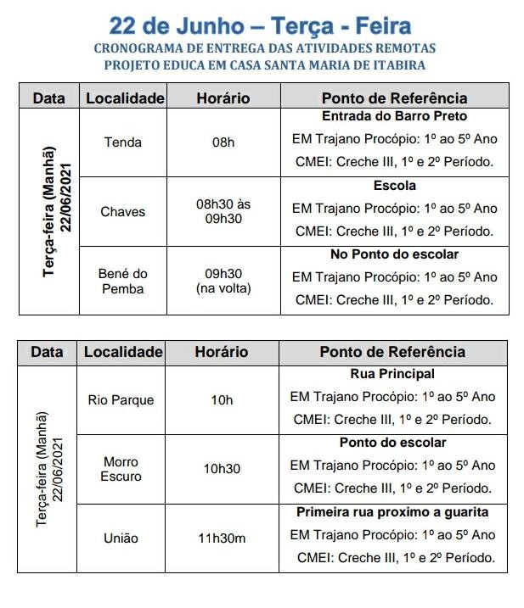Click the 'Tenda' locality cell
point(122,142)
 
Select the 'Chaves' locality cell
point(122,211)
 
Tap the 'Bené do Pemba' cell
point(122,281)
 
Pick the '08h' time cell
point(223,142)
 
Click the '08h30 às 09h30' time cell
point(223,211)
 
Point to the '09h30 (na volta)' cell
point(223,281)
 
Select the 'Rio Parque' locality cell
point(121,399)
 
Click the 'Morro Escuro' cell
point(121,469)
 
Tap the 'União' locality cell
point(121,538)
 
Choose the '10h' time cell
point(222,399)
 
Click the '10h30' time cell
point(222,469)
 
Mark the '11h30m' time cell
point(222,538)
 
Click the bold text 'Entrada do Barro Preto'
point(394,116)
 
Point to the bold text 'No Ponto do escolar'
point(394,254)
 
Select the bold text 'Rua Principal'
point(392,374)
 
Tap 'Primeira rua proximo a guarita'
point(392,512)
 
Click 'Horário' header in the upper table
point(223,98)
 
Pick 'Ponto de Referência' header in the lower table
point(392,352)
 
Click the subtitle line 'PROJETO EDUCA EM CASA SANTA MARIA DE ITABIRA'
point(265,64)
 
